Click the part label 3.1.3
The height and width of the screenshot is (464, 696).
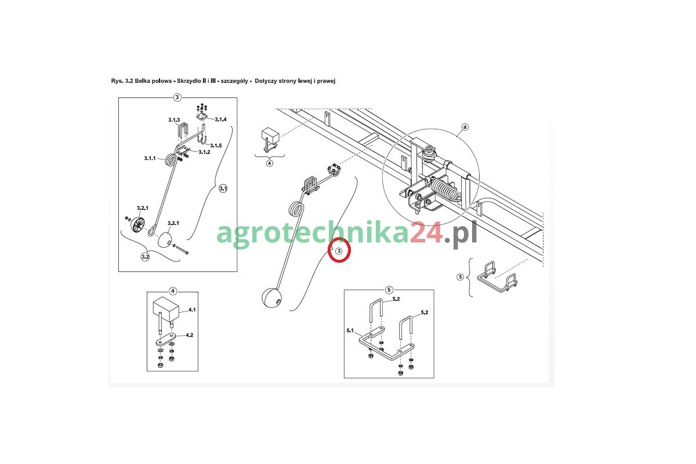(174, 120)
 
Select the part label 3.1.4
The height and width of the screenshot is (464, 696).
(220, 119)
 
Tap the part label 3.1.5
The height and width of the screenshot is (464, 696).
(216, 146)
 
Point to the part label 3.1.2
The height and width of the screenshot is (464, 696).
(204, 152)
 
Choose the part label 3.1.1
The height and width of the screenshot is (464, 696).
(150, 158)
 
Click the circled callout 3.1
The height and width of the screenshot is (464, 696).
(223, 188)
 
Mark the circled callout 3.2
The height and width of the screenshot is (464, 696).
(145, 257)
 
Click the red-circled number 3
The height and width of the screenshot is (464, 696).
(339, 251)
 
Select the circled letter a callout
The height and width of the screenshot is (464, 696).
(465, 127)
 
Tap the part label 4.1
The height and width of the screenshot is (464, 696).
(192, 310)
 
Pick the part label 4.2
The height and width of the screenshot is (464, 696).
(190, 335)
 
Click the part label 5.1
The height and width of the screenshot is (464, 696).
(350, 331)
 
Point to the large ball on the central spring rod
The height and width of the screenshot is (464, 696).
(271, 298)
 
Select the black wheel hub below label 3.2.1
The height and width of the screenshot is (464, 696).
(137, 224)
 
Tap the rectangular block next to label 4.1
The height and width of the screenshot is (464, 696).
(166, 309)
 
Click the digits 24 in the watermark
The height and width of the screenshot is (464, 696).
(426, 232)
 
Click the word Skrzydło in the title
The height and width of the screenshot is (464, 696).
(189, 81)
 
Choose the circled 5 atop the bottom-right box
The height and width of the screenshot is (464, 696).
(389, 290)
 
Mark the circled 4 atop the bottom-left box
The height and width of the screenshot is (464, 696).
(173, 291)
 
